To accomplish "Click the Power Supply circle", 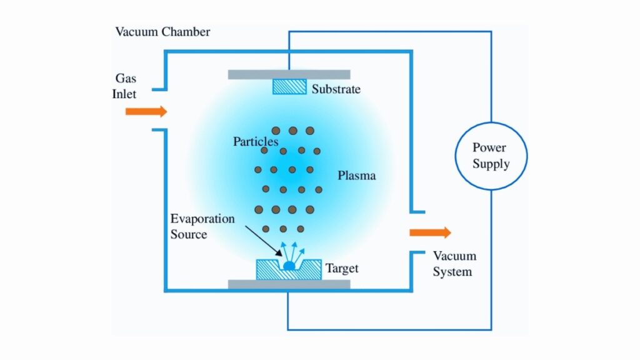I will (491, 156).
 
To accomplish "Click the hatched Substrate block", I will (289, 87).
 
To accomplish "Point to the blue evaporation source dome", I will (289, 266).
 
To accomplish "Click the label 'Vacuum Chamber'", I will (162, 32).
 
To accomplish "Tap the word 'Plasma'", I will (357, 176).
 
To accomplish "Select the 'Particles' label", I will (256, 142).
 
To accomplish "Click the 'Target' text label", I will (342, 269).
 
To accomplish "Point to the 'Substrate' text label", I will (336, 89).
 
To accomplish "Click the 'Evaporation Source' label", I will (202, 227).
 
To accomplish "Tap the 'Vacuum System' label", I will (454, 264).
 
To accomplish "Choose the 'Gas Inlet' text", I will (126, 86).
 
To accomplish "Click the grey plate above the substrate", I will (289, 74).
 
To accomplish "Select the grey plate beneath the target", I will (289, 285).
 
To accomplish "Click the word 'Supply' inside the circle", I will (491, 164).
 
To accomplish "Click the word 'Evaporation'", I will (202, 219).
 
